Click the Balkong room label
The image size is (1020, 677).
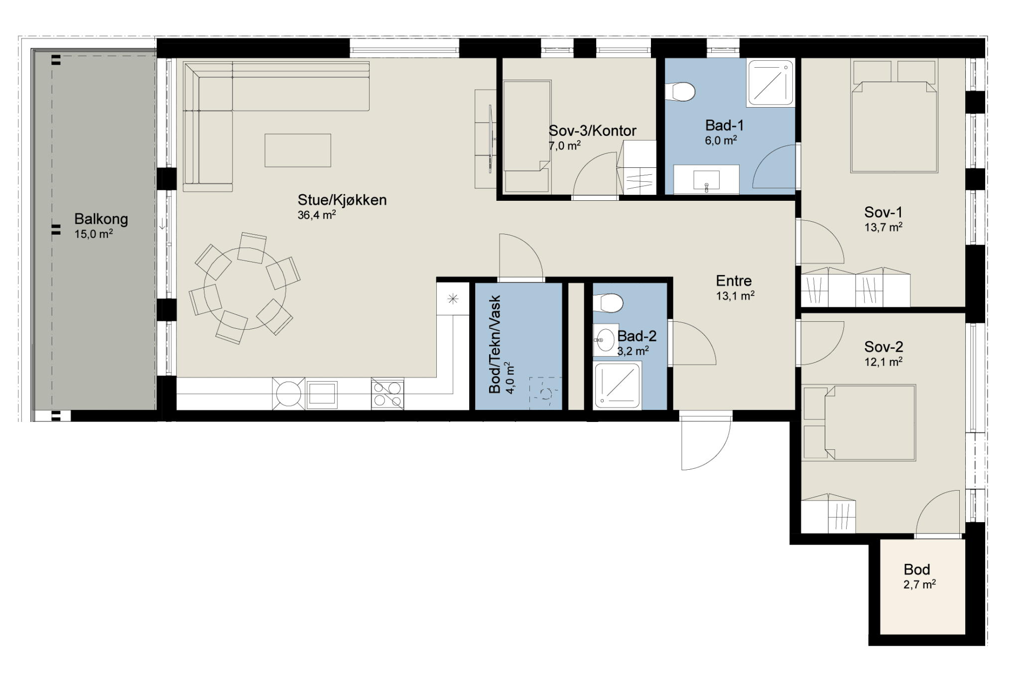tap(101, 219)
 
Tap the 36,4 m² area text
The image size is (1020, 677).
tap(317, 215)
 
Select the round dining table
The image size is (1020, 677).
tap(245, 288)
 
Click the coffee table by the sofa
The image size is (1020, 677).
tap(298, 150)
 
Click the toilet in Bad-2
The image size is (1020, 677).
tap(608, 303)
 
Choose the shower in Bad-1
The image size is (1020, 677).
tap(770, 83)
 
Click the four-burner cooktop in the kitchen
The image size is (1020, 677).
tap(387, 394)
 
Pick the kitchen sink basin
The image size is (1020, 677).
tap(322, 394)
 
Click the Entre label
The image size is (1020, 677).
tap(734, 280)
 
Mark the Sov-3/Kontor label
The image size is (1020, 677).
tap(592, 131)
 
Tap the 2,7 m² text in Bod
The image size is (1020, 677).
tap(919, 584)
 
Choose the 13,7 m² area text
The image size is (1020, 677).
tap(884, 227)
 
